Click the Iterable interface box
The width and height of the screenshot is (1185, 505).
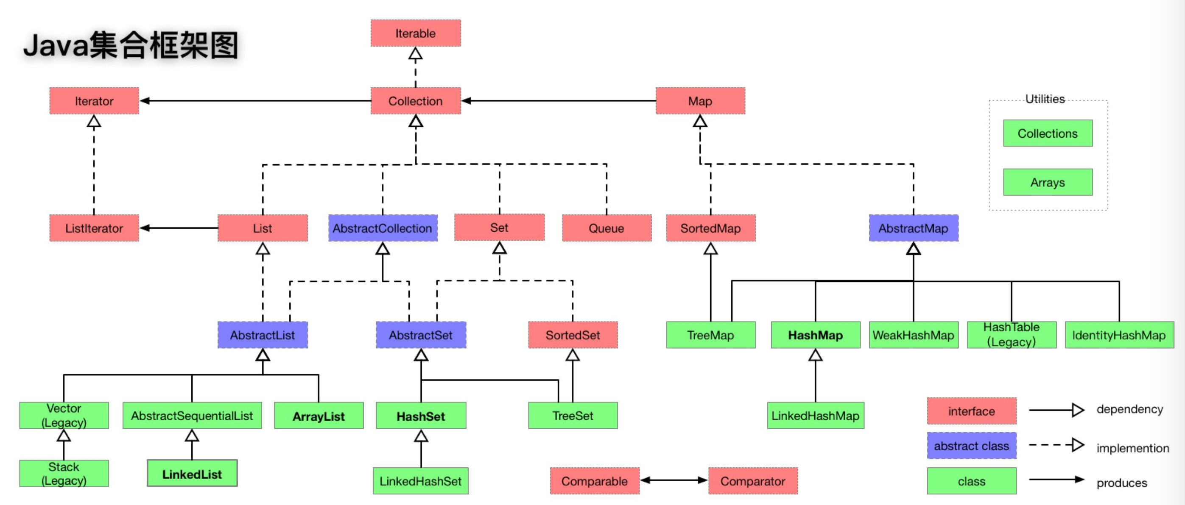pyautogui.click(x=415, y=33)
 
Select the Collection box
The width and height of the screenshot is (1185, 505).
pyautogui.click(x=415, y=101)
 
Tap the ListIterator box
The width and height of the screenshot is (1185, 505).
pyautogui.click(x=94, y=228)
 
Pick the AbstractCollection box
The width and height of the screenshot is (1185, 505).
pyautogui.click(x=382, y=228)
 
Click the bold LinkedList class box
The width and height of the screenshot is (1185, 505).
pyautogui.click(x=192, y=473)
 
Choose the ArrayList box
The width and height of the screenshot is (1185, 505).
pyautogui.click(x=319, y=416)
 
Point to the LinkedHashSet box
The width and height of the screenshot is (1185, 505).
pyautogui.click(x=420, y=481)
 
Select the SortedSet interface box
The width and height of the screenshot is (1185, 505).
pyautogui.click(x=573, y=335)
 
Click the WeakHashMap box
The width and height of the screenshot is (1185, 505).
pyautogui.click(x=914, y=335)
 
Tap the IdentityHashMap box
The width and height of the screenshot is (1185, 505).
pyautogui.click(x=1119, y=335)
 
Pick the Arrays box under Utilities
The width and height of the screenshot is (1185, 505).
pyautogui.click(x=1048, y=182)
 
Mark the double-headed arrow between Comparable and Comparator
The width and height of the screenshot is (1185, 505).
pyautogui.click(x=674, y=480)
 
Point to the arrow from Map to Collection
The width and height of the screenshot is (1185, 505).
pyautogui.click(x=559, y=101)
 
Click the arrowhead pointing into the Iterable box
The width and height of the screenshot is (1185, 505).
pyautogui.click(x=415, y=53)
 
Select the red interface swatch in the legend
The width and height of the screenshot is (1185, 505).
pyautogui.click(x=972, y=411)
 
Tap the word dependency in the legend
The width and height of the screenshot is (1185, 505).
pyautogui.click(x=1129, y=409)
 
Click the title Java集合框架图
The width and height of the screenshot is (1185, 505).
pyautogui.click(x=131, y=45)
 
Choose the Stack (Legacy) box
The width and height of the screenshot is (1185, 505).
pyautogui.click(x=64, y=473)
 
